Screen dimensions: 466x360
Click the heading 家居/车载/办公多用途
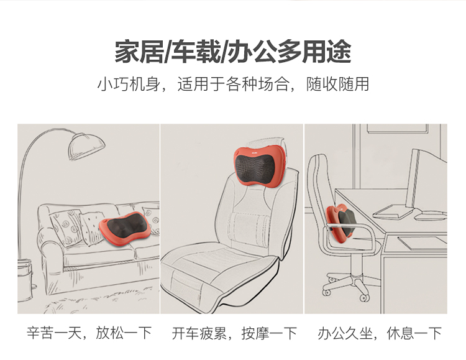(x=233, y=52)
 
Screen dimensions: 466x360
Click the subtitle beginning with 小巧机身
(x=233, y=84)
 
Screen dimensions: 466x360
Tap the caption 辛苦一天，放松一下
(x=89, y=333)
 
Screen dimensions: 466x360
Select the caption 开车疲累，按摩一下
(x=234, y=333)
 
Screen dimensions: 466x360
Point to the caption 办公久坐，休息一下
(x=380, y=333)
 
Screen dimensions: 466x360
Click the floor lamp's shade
(x=86, y=146)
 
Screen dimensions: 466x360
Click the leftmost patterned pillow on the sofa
(x=66, y=227)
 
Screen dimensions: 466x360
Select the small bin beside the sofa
(x=25, y=280)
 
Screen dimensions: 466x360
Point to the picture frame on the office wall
(x=398, y=128)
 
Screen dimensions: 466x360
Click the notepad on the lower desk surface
(x=423, y=242)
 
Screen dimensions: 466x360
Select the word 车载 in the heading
(x=196, y=52)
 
